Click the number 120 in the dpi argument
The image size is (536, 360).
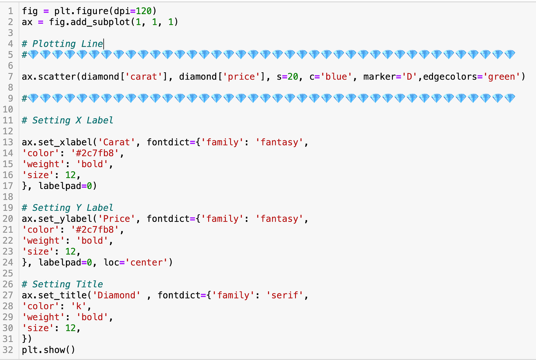tap(144, 11)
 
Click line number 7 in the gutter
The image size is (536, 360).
tap(10, 77)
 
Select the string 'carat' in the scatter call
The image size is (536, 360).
tap(144, 77)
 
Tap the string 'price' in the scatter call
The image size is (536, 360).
tap(241, 77)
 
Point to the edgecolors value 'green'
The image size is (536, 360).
tap(502, 77)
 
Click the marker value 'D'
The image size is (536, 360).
tap(409, 77)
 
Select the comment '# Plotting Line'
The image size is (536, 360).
tap(62, 44)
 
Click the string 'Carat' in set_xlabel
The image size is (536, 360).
tap(116, 142)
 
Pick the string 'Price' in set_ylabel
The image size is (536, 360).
tap(116, 219)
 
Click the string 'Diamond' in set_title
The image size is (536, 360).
tap(116, 295)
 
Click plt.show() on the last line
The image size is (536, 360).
tap(48, 350)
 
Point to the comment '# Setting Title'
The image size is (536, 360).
tap(62, 284)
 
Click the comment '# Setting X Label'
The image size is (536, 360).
tap(67, 121)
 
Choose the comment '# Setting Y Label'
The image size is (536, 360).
tap(67, 208)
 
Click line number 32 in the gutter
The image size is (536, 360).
tap(8, 350)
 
